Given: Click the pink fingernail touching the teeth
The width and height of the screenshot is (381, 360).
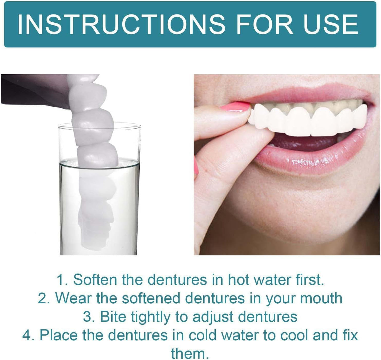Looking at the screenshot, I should (x=235, y=107).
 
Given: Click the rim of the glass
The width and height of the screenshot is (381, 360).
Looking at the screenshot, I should (x=99, y=125).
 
